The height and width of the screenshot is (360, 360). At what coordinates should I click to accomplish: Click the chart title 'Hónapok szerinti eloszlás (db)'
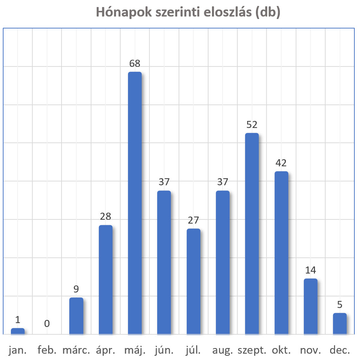coord(188,13)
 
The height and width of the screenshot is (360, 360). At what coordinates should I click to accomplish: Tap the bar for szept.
coord(252,233)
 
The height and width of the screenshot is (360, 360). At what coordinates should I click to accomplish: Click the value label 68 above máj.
coord(135,64)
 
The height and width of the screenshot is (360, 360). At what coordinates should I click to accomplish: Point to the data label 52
coord(252,125)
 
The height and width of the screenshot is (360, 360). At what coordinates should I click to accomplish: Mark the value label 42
coord(281,163)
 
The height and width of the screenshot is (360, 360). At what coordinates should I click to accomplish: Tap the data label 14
coord(310,270)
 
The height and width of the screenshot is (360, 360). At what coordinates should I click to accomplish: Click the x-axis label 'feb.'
coord(47,351)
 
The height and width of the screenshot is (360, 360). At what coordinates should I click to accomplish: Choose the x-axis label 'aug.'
coord(223,351)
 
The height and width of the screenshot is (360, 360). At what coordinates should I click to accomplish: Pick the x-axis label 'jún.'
coord(164,351)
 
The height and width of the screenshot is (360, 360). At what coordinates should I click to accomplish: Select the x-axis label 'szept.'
coord(252,351)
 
